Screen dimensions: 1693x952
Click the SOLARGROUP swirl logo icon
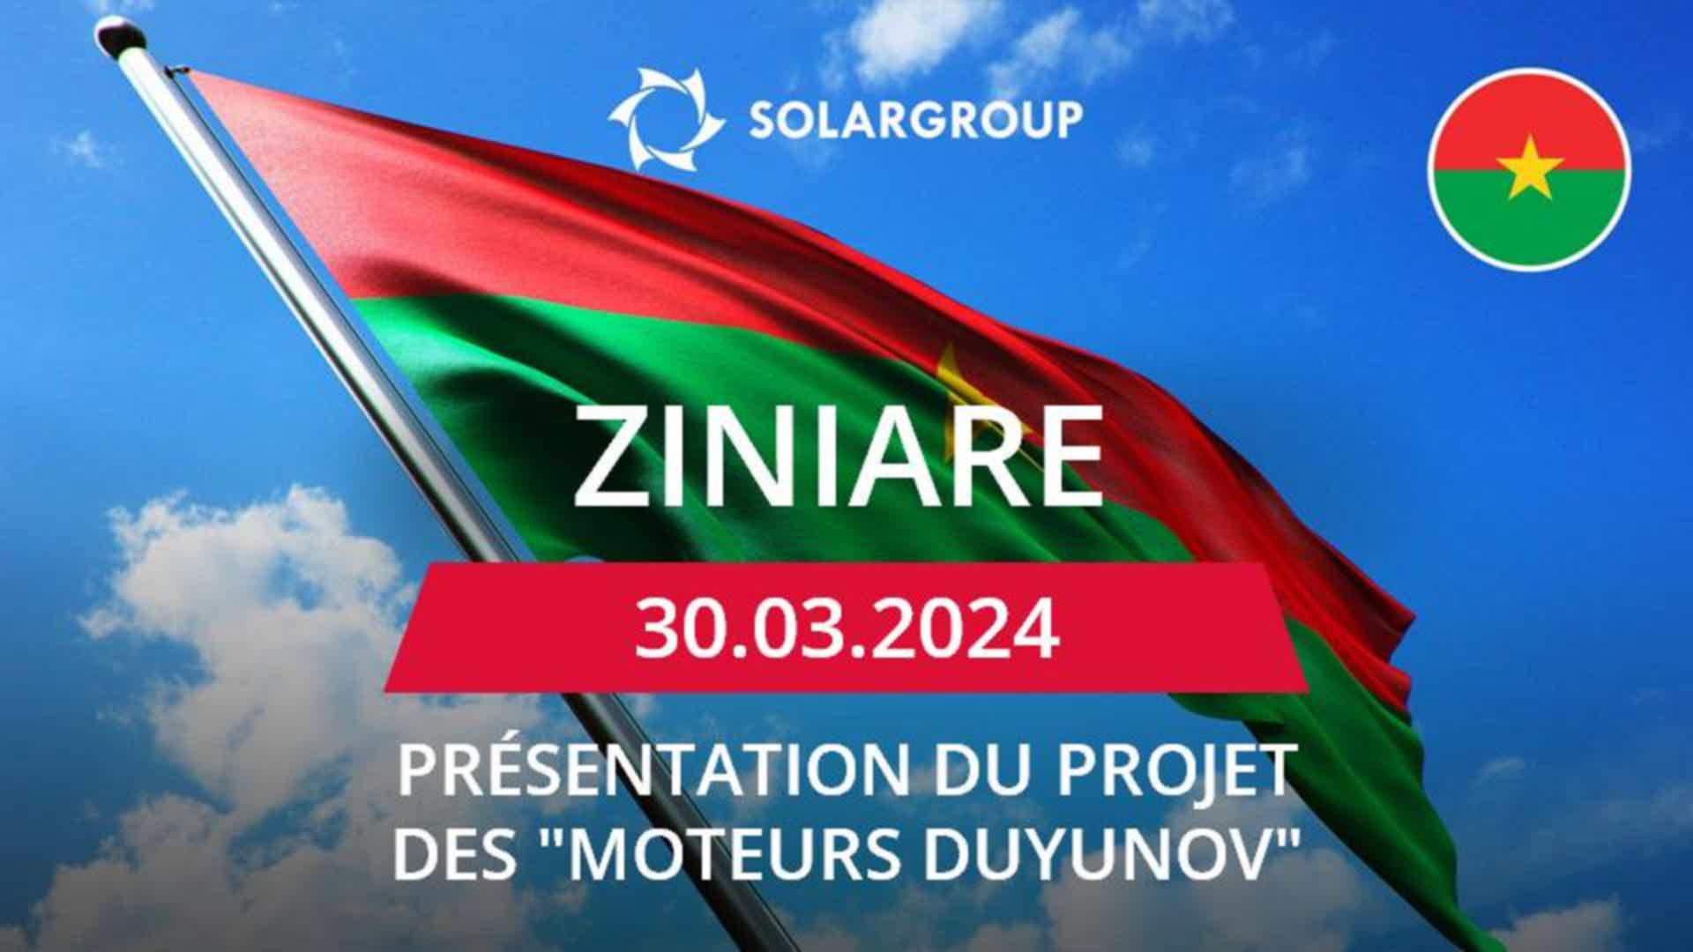coord(666,118)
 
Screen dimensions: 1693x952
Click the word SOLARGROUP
coord(916,119)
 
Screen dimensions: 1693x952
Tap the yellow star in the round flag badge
coord(1529,167)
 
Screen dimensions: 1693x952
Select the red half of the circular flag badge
coord(1529,120)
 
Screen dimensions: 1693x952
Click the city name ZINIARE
coord(839,456)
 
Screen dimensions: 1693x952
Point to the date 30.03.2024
coord(846,628)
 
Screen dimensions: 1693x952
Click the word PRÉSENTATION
coord(653,769)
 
